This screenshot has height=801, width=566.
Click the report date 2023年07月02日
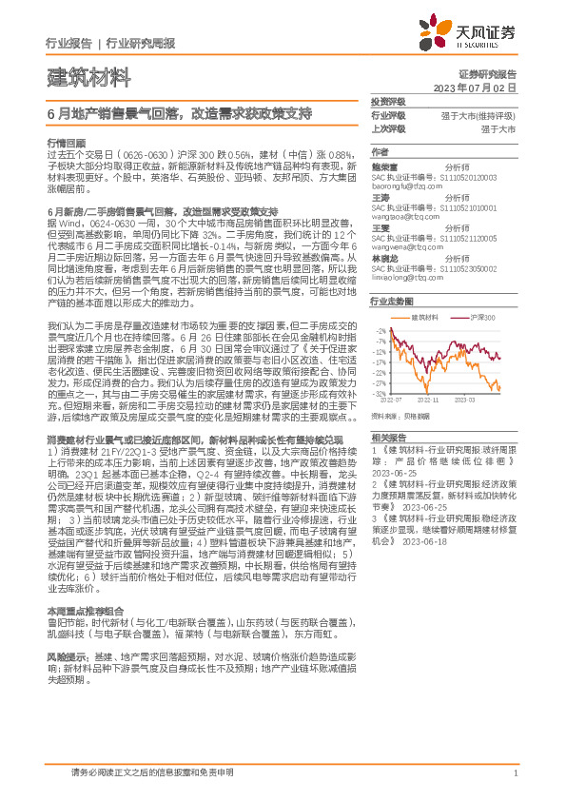click(x=475, y=88)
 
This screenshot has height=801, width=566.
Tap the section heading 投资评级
click(x=387, y=102)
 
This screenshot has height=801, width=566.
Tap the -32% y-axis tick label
click(x=381, y=393)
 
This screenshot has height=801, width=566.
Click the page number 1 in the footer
click(x=515, y=772)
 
